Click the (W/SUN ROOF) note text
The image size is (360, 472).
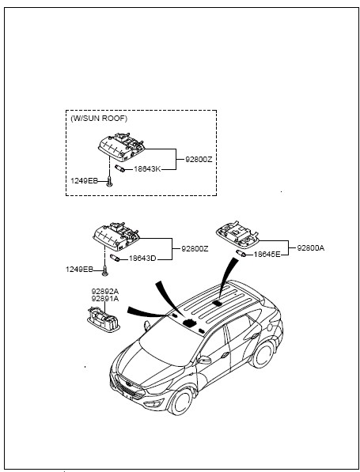[x=99, y=119]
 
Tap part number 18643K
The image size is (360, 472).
[x=147, y=169]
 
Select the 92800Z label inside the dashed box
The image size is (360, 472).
[x=199, y=160]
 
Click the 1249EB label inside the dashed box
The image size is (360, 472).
[x=84, y=181]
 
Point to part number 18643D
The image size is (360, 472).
[x=142, y=259]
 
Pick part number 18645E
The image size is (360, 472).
[x=267, y=255]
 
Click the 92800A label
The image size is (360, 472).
[x=311, y=248]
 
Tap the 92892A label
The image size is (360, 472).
[x=105, y=292]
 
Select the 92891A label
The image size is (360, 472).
[x=105, y=299]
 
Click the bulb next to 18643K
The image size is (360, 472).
[x=119, y=168]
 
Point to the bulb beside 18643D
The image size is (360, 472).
[x=115, y=258]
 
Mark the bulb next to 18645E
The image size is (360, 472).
[x=241, y=254]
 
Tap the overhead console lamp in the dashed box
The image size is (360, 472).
[x=121, y=145]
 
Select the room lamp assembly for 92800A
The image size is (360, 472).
[x=237, y=234]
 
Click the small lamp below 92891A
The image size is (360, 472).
[x=104, y=319]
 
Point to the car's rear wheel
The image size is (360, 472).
[x=263, y=354]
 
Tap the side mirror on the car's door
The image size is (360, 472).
[x=204, y=360]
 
